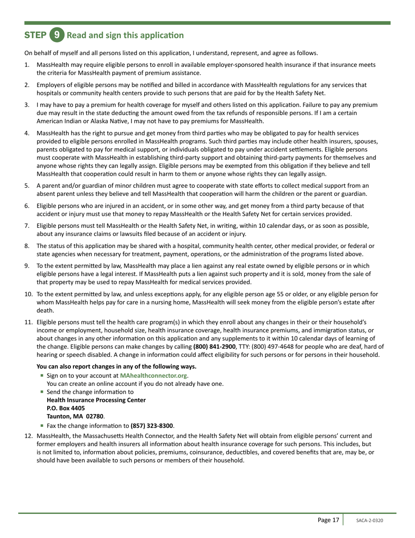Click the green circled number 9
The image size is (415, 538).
point(56,35)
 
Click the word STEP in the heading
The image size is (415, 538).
point(35,35)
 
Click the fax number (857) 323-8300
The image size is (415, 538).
point(152,426)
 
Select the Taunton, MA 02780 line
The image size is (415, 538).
point(75,416)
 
